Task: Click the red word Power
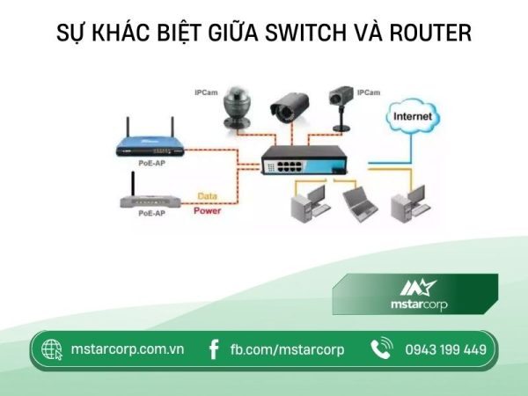pos(208,211)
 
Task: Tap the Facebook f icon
pos(214,349)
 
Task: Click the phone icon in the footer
pos(381,349)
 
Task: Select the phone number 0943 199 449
pos(445,349)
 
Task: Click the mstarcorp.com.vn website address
pos(127,349)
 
